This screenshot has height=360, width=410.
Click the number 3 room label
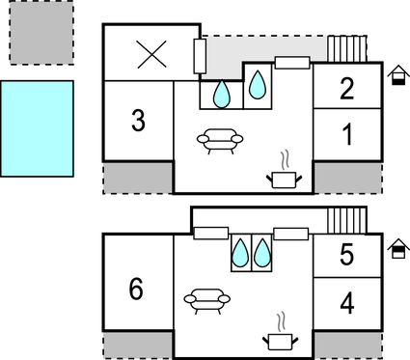139,122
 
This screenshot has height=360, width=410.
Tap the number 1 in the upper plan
347,135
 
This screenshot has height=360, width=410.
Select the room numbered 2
347,89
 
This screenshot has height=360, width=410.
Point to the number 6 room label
136,288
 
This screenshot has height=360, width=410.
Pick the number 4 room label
347,303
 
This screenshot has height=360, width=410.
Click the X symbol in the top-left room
151,54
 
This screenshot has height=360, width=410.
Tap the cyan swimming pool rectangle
37,128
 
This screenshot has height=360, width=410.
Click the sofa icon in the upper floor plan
220,142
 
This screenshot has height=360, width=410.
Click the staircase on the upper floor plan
347,49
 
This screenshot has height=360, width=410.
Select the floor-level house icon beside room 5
396,248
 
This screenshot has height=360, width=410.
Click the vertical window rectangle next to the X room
200,57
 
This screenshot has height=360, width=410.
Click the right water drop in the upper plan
258,86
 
